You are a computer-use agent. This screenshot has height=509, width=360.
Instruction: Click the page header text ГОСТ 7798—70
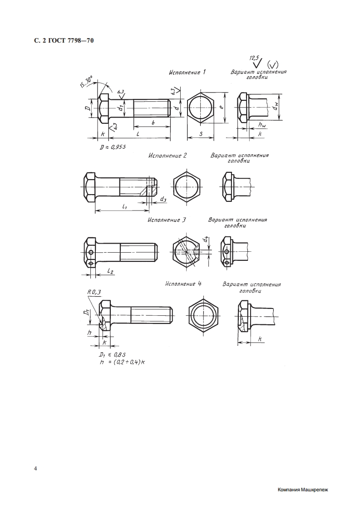pos(69,41)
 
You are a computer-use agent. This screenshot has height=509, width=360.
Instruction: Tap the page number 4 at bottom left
pos(35,469)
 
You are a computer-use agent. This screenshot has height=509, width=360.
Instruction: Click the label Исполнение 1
pos(187,72)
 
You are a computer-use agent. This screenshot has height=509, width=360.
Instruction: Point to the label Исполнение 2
pos(168,156)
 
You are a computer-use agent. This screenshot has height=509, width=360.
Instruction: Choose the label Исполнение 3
pos(167,220)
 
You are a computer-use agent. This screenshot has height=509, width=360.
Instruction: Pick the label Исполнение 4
pos(183,284)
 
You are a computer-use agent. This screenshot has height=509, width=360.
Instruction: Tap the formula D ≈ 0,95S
pos(113,147)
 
